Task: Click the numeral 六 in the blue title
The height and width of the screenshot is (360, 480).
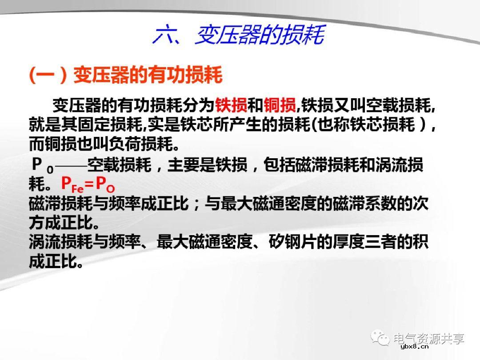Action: (164, 35)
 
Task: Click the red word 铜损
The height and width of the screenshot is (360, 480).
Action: (280, 105)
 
